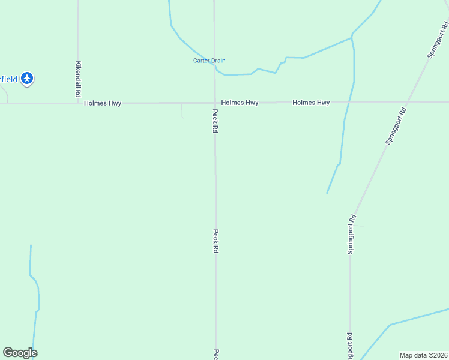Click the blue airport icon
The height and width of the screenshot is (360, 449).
coord(26,78)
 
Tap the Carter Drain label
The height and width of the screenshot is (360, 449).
coord(209,61)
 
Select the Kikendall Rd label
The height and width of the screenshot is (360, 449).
coord(78,79)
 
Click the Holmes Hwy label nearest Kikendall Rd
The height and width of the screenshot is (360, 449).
coord(103,103)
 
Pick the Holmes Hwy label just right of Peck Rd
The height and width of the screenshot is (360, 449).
coord(240,103)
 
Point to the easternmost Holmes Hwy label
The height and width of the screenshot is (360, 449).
coord(311,103)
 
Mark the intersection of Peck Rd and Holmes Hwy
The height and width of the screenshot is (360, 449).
coord(215,103)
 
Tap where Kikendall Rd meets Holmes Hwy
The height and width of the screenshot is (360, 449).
coord(78,103)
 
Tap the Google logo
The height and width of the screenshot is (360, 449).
coord(20,353)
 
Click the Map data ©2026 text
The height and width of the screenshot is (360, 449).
coord(423,355)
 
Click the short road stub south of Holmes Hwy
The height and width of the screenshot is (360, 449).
coord(181,110)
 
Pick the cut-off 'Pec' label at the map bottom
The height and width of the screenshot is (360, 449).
coord(215,354)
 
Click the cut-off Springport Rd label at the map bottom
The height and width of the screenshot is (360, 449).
coord(349,345)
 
